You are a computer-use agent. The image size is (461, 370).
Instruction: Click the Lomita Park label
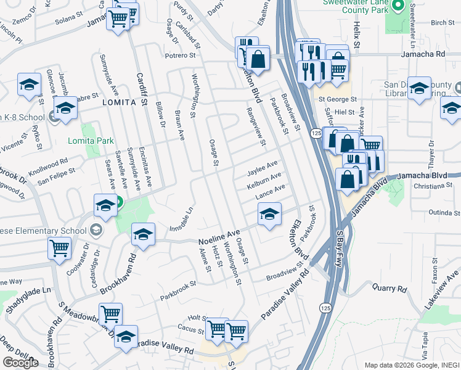pyautogui.click(x=91, y=141)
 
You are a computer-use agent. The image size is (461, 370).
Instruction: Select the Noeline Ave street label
pyautogui.click(x=219, y=236)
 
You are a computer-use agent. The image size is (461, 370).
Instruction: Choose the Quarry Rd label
pyautogui.click(x=390, y=288)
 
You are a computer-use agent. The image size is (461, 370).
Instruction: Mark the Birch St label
pyautogui.click(x=442, y=22)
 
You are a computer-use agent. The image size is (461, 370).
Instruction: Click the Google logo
pyautogui.click(x=20, y=362)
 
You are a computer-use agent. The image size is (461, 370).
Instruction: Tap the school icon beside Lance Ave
pyautogui.click(x=269, y=215)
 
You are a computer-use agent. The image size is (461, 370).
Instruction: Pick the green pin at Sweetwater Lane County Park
pyautogui.click(x=398, y=8)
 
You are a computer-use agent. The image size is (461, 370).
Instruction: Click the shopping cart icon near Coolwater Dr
pyautogui.click(x=60, y=248)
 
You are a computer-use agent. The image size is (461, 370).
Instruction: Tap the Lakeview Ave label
pyautogui.click(x=442, y=290)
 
